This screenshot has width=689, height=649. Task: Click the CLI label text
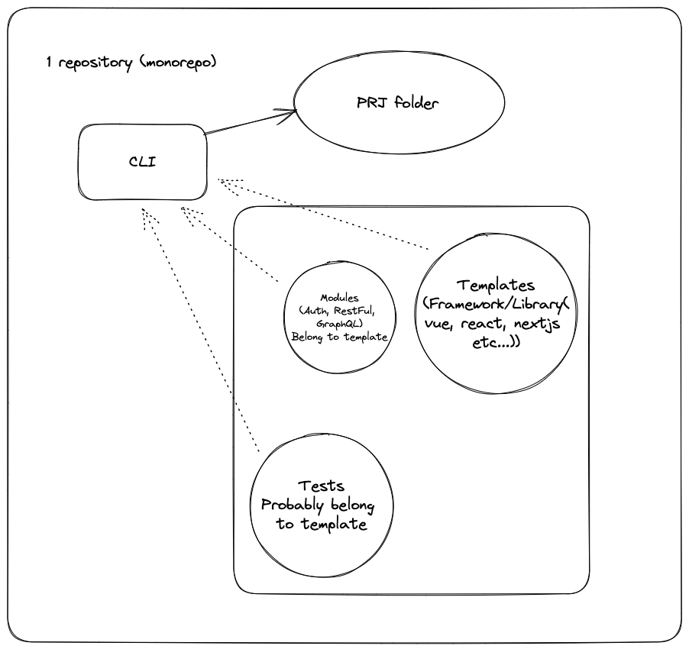142,162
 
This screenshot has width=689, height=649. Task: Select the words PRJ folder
397,103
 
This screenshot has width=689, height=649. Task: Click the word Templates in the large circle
497,286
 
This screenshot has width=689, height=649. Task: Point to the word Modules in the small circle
339,297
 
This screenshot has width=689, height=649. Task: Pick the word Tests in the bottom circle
321,486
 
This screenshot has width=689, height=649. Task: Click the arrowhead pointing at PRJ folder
288,113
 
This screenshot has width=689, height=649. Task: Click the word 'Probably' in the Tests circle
294,505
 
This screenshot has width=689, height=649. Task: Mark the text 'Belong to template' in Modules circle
339,336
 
